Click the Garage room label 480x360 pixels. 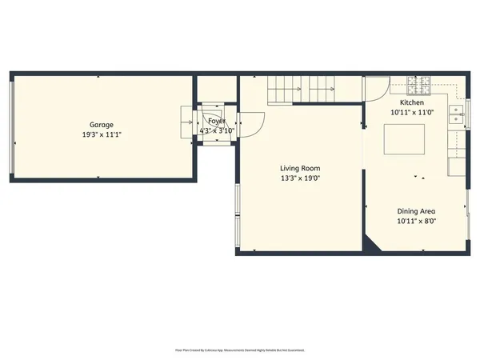101,125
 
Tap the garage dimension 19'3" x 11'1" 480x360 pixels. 101,134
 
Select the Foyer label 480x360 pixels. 217,121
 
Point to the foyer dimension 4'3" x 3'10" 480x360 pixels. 217,130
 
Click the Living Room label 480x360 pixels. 300,168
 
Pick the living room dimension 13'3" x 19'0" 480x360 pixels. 300,178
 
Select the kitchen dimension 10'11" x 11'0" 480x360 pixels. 412,114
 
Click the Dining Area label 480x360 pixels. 417,211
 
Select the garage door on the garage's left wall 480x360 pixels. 11,128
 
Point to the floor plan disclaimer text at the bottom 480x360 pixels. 239,350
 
